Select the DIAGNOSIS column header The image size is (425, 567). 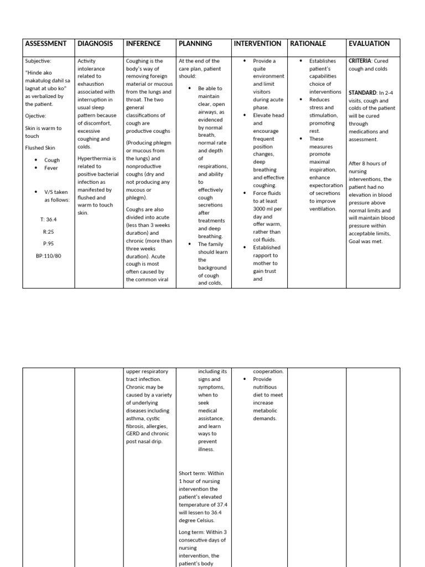[x=95, y=44]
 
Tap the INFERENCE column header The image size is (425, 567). [x=143, y=44]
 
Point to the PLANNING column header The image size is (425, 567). [x=195, y=44]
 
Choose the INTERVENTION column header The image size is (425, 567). [x=257, y=44]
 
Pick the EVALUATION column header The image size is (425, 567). [x=369, y=44]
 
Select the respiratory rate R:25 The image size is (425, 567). [x=48, y=231]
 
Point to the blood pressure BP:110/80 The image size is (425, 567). [x=48, y=256]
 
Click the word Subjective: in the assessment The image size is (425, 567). [x=38, y=61]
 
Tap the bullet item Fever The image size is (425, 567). [x=51, y=168]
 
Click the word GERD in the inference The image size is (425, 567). [x=134, y=434]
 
